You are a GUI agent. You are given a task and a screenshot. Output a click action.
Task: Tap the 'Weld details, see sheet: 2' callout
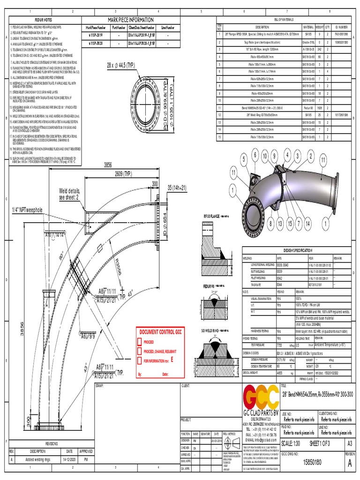point(69,195)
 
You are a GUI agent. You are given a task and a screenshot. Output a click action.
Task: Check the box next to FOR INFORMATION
point(139,360)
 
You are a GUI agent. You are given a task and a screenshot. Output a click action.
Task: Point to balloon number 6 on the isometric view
point(255,155)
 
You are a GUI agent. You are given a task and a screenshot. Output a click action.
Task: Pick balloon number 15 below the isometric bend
point(290,225)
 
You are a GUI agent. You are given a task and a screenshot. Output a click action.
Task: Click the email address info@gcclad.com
point(259,440)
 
